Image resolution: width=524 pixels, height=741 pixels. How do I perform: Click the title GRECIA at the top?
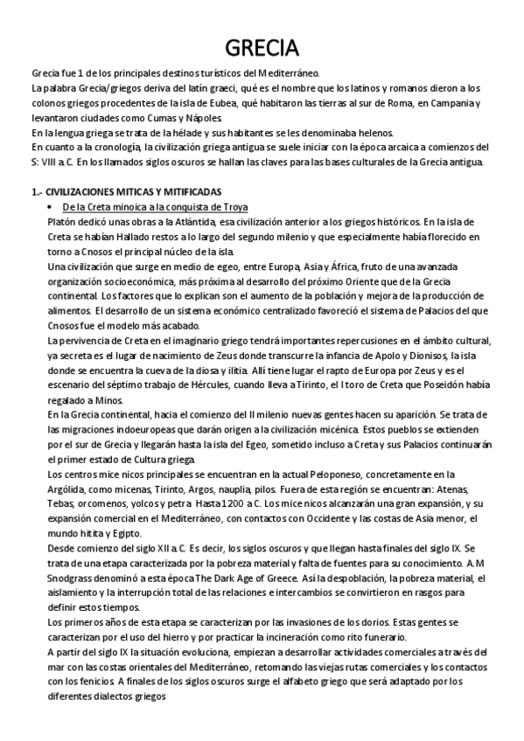pyautogui.click(x=262, y=46)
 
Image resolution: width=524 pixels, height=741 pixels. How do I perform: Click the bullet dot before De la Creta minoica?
pyautogui.click(x=54, y=206)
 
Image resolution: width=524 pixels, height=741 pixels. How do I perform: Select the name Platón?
pyautogui.click(x=64, y=221)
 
